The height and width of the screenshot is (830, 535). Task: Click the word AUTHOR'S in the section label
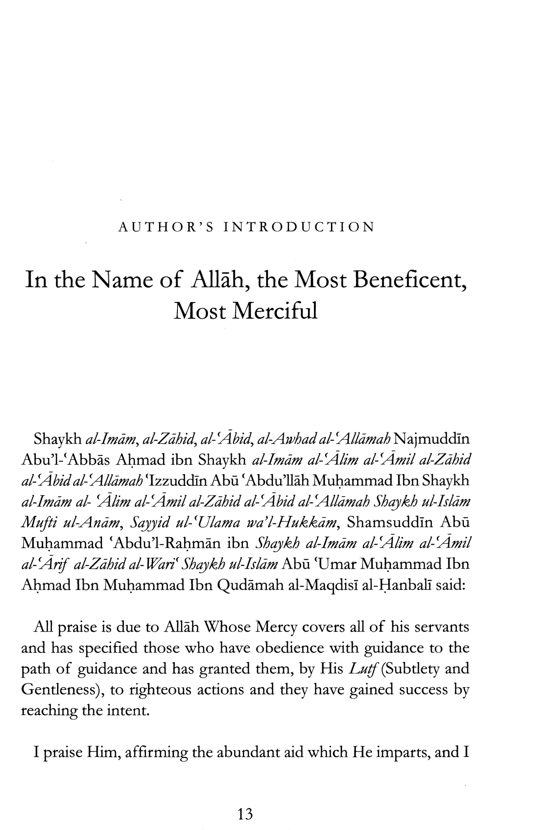click(x=166, y=227)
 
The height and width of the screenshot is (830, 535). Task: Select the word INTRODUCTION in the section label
click(x=299, y=227)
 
